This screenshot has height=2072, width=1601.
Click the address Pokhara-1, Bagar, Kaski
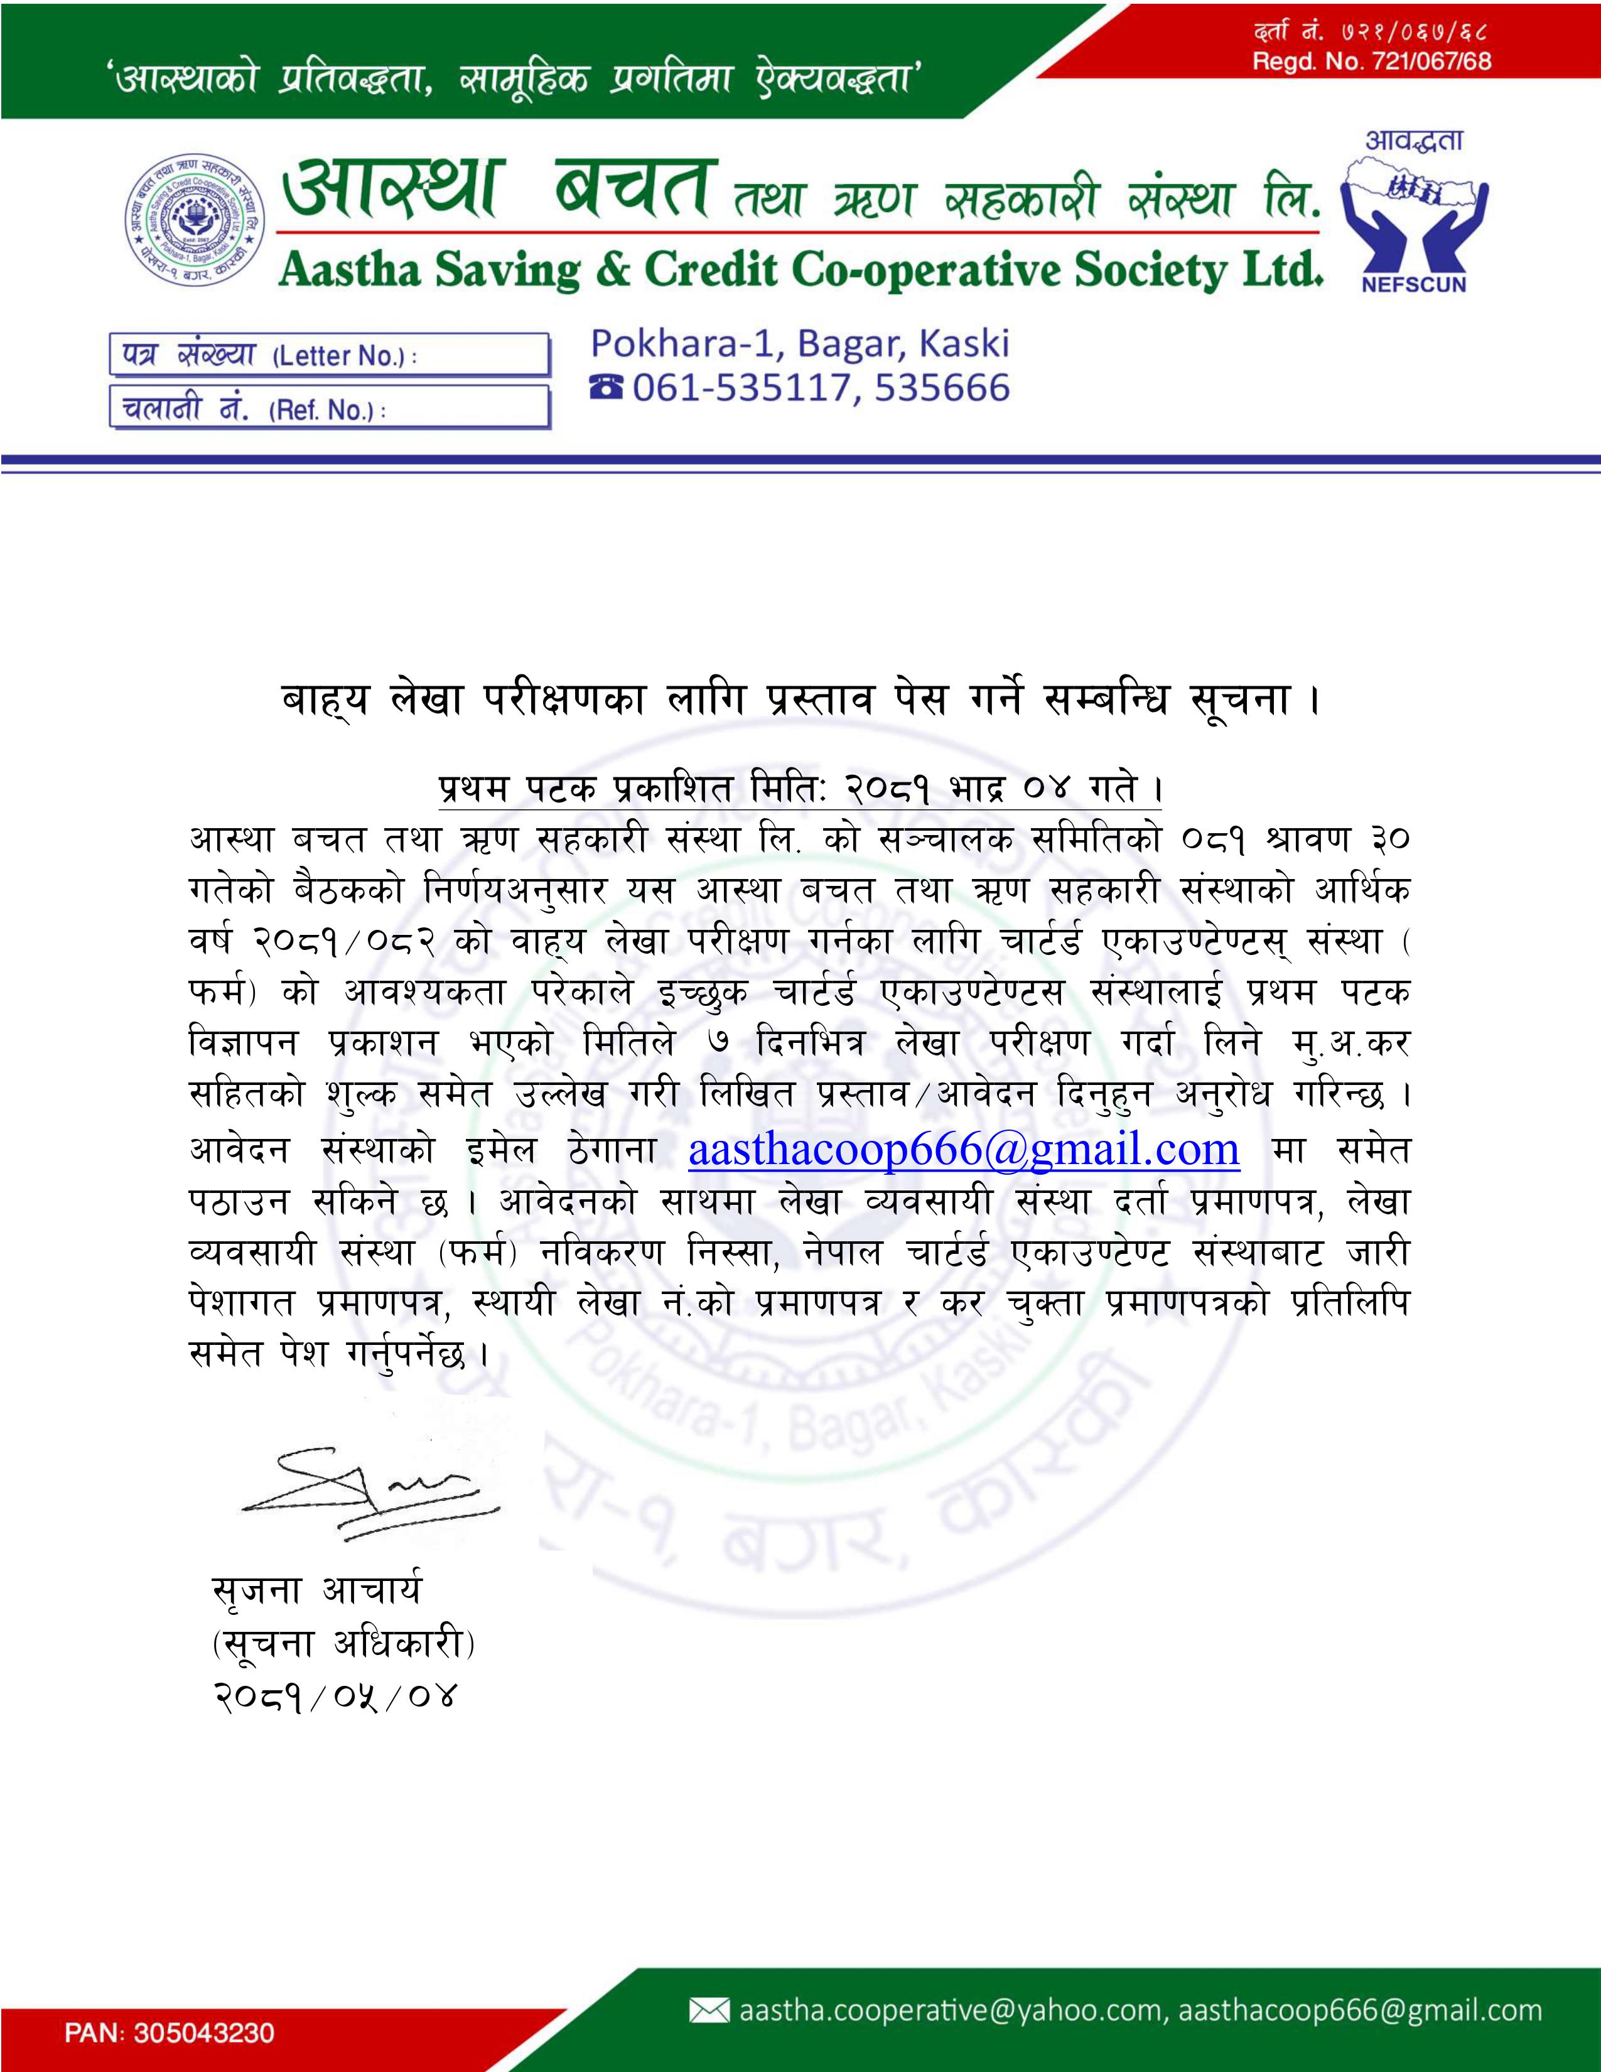(x=799, y=343)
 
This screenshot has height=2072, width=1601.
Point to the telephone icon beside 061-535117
(x=607, y=388)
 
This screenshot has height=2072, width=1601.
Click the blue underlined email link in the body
(x=964, y=1149)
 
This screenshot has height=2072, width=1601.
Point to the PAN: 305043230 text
(x=170, y=2032)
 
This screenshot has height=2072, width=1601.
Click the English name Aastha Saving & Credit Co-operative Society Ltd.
(x=799, y=271)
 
